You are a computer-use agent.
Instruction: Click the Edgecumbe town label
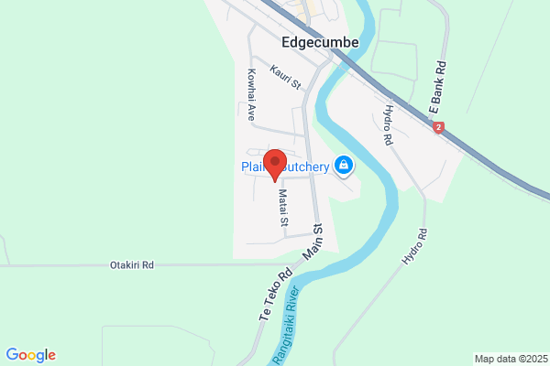coord(320,42)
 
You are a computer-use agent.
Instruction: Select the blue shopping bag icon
coord(344,166)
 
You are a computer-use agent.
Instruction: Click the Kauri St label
coord(286,77)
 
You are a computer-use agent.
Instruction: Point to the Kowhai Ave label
coord(249,94)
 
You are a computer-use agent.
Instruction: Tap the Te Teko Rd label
coord(274,293)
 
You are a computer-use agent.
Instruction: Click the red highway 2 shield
coord(439,128)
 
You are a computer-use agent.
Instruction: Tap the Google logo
coord(30,355)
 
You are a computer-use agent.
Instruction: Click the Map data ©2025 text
coord(509,358)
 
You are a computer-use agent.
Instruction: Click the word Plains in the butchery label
coord(253,166)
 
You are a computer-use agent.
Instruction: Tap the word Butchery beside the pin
coord(309,166)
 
